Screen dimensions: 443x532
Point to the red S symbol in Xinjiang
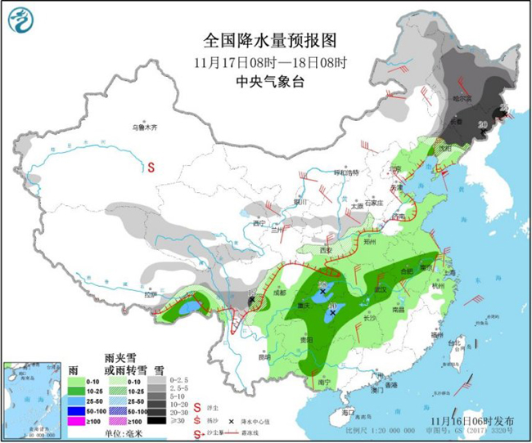click(x=152, y=168)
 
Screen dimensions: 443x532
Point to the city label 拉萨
click(x=150, y=294)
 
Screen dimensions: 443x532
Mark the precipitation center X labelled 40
click(x=332, y=312)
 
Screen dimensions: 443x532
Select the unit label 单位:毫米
click(x=117, y=433)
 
